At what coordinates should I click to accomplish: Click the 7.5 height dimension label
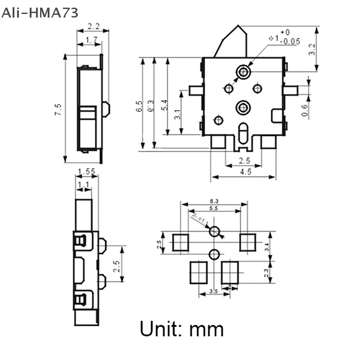pyautogui.click(x=58, y=109)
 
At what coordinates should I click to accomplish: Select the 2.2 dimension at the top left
pyautogui.click(x=93, y=26)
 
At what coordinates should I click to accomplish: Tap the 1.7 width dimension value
pyautogui.click(x=92, y=40)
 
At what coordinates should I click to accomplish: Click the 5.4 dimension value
pyautogui.click(x=164, y=105)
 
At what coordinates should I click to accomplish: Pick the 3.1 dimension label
pyautogui.click(x=178, y=114)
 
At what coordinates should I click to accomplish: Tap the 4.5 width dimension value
pyautogui.click(x=246, y=171)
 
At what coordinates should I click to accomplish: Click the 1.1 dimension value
pyautogui.click(x=83, y=184)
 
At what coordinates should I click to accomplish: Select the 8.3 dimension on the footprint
pyautogui.click(x=214, y=201)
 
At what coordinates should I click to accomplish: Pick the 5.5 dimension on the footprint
pyautogui.click(x=214, y=208)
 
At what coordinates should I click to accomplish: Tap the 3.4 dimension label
pyautogui.click(x=279, y=246)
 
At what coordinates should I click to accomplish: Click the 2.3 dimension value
pyautogui.click(x=279, y=273)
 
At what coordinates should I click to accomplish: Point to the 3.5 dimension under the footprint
pyautogui.click(x=214, y=292)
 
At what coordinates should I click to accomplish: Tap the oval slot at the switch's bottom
pyautogui.click(x=243, y=133)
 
